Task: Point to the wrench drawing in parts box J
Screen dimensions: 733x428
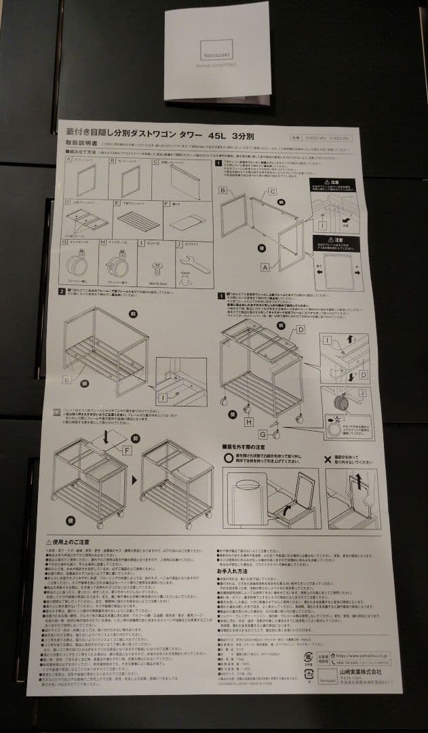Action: coord(184,263)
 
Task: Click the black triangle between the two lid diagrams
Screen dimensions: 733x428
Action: coord(134,479)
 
